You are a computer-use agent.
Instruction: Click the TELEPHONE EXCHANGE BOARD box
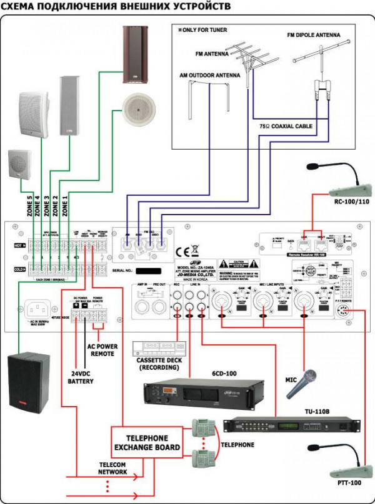point(146,443)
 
